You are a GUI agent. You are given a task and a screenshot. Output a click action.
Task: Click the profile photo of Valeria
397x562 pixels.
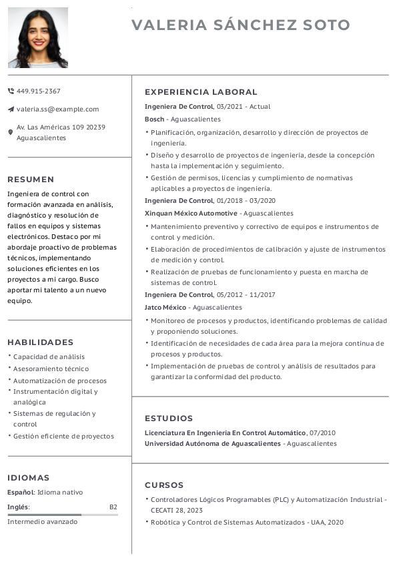pyautogui.click(x=38, y=37)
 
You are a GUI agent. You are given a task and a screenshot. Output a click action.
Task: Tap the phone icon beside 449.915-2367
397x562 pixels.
pyautogui.click(x=11, y=91)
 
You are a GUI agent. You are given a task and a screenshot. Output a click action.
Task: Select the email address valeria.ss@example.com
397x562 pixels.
pyautogui.click(x=57, y=109)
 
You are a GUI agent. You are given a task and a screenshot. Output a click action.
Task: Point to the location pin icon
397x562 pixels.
pyautogui.click(x=11, y=132)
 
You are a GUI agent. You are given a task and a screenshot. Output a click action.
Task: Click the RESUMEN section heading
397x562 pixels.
pyautogui.click(x=31, y=179)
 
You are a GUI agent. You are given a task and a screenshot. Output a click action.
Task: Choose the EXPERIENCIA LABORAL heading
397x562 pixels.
pyautogui.click(x=201, y=92)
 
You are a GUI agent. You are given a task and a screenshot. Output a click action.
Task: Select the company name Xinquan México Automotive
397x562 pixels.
pyautogui.click(x=191, y=213)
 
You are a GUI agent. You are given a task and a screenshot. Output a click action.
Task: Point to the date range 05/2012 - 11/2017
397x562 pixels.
pyautogui.click(x=246, y=294)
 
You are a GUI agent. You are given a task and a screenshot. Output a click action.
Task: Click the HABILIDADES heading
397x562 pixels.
pyautogui.click(x=41, y=342)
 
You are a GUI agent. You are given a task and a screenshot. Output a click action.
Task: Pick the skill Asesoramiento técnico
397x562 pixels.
pyautogui.click(x=51, y=368)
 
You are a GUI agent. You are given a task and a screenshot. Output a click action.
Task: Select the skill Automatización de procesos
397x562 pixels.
pyautogui.click(x=59, y=380)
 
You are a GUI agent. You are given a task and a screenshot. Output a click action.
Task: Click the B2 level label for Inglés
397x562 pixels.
pyautogui.click(x=113, y=507)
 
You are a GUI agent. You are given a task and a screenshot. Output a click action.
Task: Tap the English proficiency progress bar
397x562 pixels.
pyautogui.click(x=63, y=515)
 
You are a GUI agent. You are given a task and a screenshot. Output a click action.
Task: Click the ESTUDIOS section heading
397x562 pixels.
pyautogui.click(x=169, y=418)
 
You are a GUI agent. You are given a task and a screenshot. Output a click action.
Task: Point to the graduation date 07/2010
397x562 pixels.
pyautogui.click(x=323, y=433)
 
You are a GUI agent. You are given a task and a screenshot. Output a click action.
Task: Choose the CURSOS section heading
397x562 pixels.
pyautogui.click(x=164, y=485)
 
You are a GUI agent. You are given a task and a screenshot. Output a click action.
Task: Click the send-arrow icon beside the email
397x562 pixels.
pyautogui.click(x=11, y=109)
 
